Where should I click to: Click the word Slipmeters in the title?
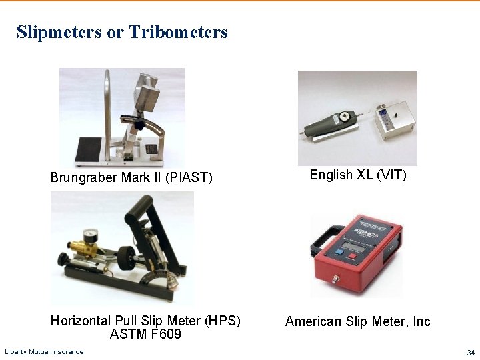(59, 32)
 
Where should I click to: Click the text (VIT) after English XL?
(391, 175)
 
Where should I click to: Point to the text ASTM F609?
(145, 334)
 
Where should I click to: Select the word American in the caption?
(313, 321)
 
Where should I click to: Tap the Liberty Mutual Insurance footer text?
(44, 352)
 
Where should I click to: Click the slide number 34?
(471, 352)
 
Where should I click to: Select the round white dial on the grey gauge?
(345, 115)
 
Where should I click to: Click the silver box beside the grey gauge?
(393, 120)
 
